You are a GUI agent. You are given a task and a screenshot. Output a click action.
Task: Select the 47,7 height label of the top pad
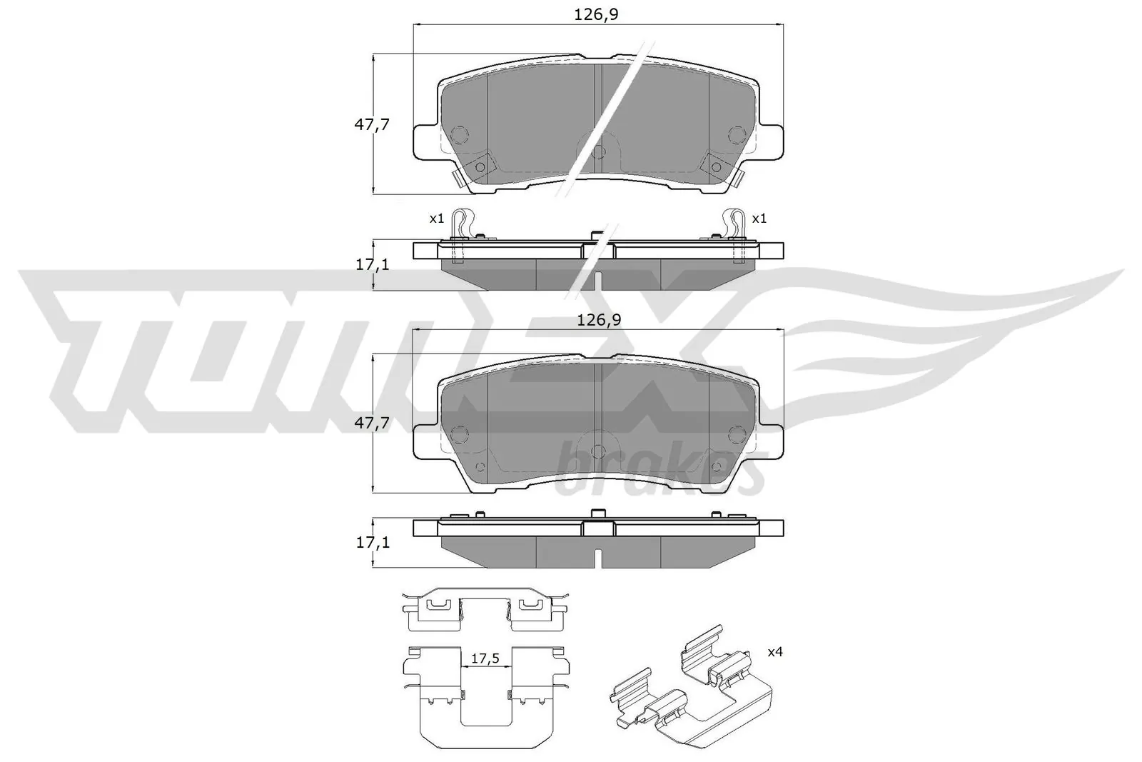tap(372, 124)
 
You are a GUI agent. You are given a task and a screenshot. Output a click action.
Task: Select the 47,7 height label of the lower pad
tap(372, 422)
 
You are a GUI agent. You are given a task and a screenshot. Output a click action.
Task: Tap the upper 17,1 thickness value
tap(372, 264)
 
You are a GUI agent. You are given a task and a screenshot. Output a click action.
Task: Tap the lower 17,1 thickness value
tap(372, 542)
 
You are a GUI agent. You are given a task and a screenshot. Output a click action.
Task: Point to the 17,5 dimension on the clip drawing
tap(485, 658)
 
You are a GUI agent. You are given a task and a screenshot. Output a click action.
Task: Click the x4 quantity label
tap(776, 652)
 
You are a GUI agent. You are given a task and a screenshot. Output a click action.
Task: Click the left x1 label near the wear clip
tap(437, 219)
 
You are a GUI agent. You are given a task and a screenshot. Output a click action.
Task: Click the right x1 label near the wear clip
tap(759, 219)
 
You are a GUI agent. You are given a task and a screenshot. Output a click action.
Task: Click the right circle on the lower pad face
tap(737, 433)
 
